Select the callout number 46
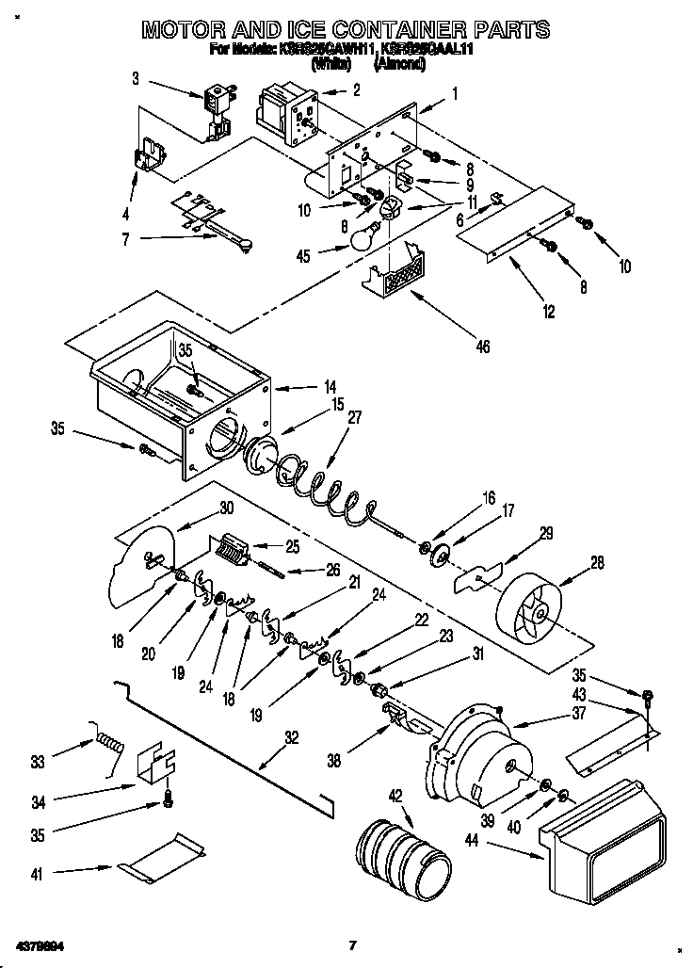pos(482,347)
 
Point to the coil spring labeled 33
pos(109,740)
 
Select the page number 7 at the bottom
pos(351,944)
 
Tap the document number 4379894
pos(40,944)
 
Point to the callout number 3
pos(136,79)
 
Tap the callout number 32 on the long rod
pos(291,738)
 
